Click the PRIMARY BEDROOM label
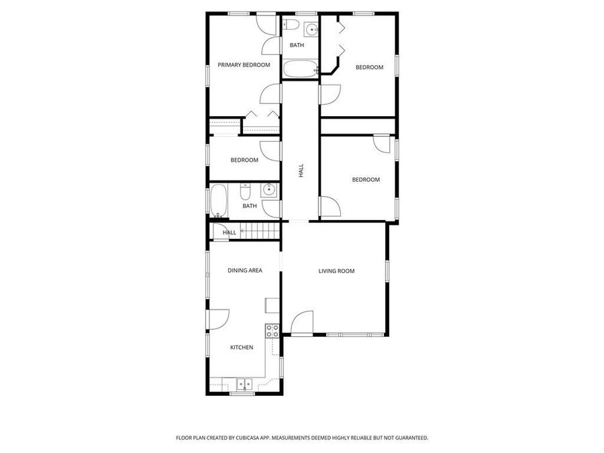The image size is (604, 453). [244, 65]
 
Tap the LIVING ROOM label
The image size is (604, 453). [336, 271]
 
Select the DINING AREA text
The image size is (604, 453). [244, 270]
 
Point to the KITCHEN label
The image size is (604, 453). [242, 347]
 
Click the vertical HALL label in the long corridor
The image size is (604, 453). [301, 171]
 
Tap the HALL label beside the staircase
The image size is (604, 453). [230, 233]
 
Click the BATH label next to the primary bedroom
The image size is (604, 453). [297, 46]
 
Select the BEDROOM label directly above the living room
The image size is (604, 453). [366, 180]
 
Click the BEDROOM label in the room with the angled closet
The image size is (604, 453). [369, 67]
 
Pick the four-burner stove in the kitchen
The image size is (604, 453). [272, 330]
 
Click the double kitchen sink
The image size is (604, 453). [244, 385]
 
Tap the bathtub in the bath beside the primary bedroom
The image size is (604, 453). [300, 68]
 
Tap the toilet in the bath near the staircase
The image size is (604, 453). [246, 193]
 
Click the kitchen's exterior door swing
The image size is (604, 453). [220, 319]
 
